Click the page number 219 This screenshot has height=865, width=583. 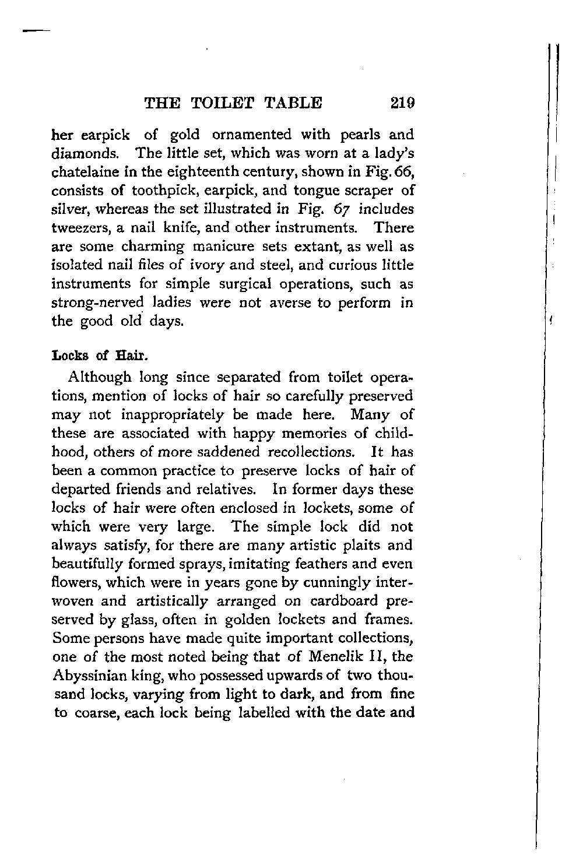[403, 103]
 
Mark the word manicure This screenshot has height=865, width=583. [223, 247]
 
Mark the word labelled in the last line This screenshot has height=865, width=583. [260, 713]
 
